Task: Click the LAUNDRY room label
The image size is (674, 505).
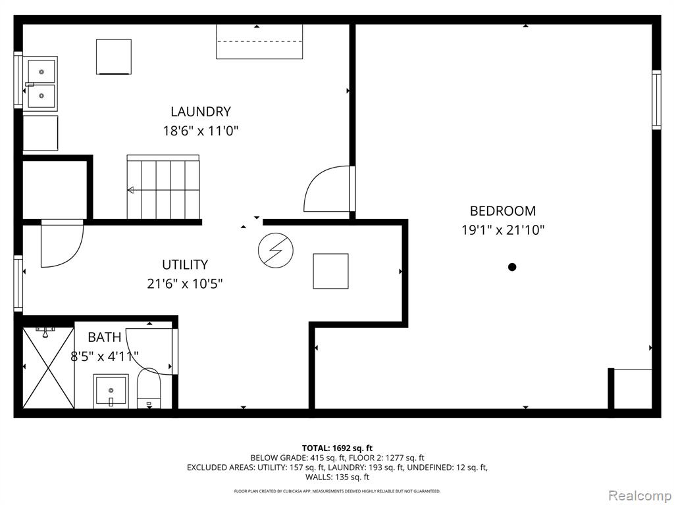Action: (x=201, y=112)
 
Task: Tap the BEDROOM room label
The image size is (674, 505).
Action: (x=503, y=211)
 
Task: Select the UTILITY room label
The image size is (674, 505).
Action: (x=185, y=264)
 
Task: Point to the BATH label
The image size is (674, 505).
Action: (x=105, y=337)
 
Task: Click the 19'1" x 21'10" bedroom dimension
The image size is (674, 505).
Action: (x=503, y=230)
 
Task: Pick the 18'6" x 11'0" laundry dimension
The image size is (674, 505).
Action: (x=200, y=131)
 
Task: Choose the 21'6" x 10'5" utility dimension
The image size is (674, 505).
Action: (x=185, y=283)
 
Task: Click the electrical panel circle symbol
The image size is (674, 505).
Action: (x=276, y=251)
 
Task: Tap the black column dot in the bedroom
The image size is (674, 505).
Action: (x=512, y=267)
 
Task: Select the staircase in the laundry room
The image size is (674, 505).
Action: (x=163, y=187)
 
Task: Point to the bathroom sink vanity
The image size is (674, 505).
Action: (x=111, y=392)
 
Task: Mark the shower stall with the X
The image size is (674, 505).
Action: (x=49, y=368)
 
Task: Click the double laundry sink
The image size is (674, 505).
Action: (x=41, y=83)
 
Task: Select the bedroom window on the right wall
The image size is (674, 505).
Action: (x=656, y=100)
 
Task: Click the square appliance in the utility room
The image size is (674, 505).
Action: (x=330, y=271)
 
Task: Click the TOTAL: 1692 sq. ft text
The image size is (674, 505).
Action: (x=337, y=448)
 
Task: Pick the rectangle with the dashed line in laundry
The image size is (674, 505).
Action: (x=259, y=41)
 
